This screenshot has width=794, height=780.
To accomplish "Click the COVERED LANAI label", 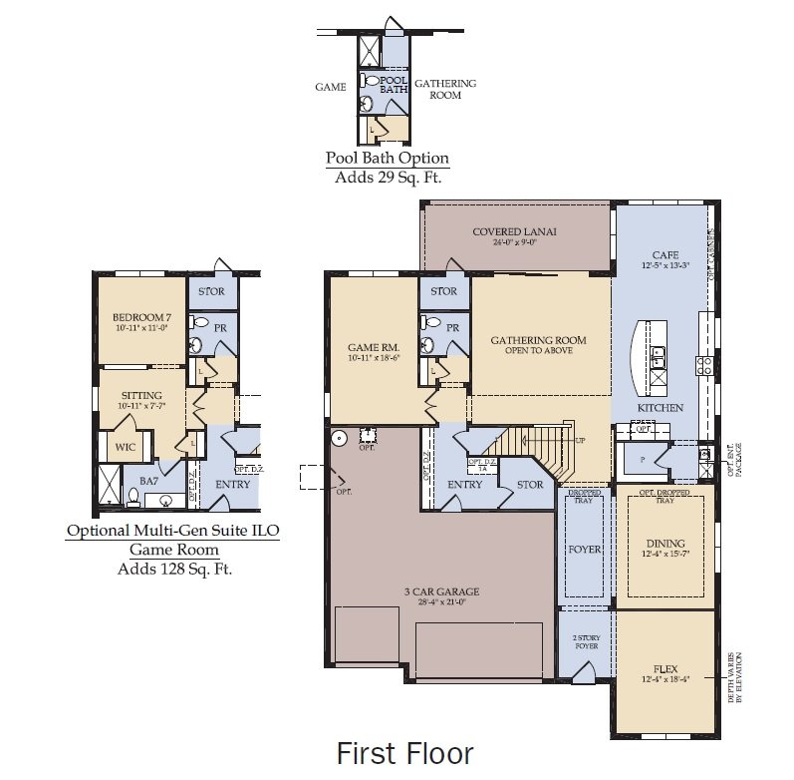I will [x=514, y=232].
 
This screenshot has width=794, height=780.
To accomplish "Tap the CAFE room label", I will [x=664, y=255].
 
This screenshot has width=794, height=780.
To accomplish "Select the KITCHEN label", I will [x=661, y=408].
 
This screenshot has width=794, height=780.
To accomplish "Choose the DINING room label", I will [x=665, y=544].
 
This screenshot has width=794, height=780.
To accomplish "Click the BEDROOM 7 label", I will [x=142, y=318].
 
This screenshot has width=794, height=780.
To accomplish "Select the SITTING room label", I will [x=141, y=395].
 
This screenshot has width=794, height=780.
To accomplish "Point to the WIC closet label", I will [x=125, y=447].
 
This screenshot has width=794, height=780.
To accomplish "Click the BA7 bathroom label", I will [x=148, y=480].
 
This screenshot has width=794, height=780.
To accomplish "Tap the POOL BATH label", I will [x=394, y=84].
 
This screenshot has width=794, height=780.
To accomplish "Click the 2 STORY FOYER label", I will [x=586, y=641].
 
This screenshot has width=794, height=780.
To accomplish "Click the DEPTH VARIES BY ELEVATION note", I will [x=735, y=677].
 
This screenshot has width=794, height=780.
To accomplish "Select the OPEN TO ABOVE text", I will [x=538, y=352].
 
